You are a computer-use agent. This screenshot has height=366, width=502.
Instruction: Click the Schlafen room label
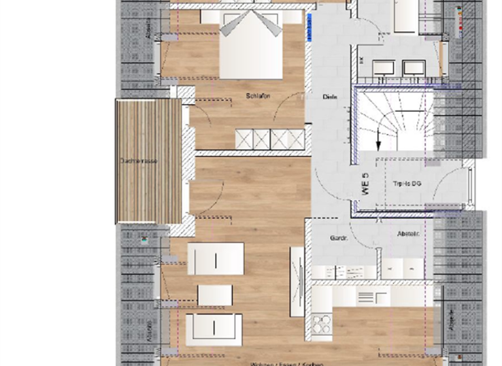tap(258, 96)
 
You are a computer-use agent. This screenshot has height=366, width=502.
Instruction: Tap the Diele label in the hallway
tap(330, 97)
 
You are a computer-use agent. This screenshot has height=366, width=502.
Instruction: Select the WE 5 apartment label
tap(365, 184)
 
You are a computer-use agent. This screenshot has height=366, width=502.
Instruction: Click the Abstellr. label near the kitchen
tap(408, 234)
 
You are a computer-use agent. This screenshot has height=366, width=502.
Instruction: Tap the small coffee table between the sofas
tap(215, 295)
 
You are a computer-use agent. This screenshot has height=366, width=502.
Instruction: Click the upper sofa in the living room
tap(215, 259)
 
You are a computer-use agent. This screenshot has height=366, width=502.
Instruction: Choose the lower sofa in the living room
tap(214, 329)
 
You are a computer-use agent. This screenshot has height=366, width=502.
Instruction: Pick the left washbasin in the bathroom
tap(385, 67)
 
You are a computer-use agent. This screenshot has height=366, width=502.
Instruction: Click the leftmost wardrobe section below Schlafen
tap(244, 139)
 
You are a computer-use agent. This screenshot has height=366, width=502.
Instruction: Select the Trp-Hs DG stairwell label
tap(407, 184)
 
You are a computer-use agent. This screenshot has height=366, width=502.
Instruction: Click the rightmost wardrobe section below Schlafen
tap(295, 139)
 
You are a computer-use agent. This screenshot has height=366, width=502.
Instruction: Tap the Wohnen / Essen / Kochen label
tap(281, 363)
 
